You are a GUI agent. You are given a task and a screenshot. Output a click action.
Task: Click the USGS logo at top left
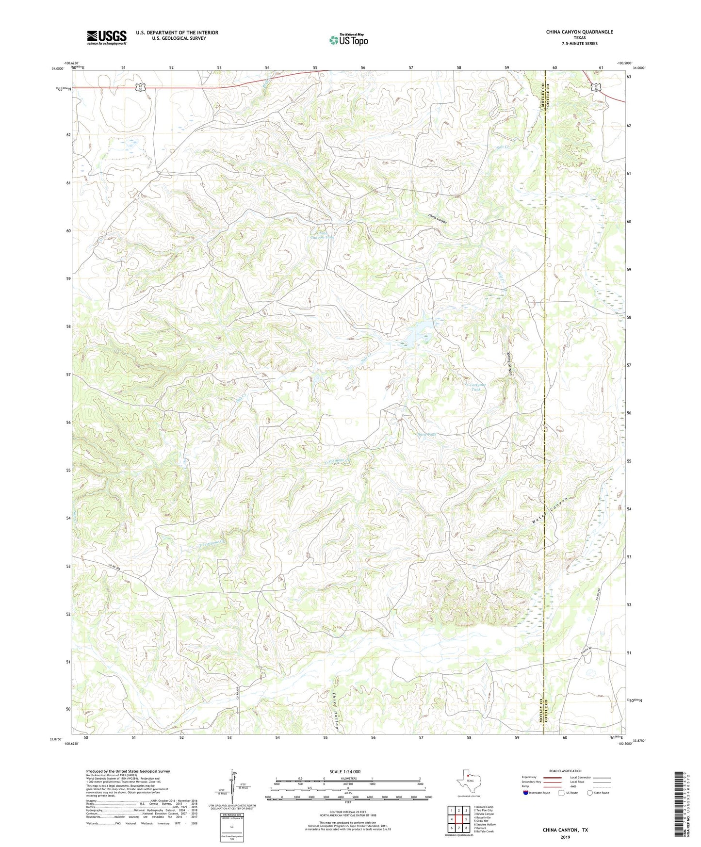tap(106, 37)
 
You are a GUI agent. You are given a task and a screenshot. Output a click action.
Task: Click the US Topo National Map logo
tap(349, 39)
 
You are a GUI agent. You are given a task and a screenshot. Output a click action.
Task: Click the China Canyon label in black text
tap(437, 218)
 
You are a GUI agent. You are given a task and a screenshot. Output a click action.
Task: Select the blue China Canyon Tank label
tap(322, 235)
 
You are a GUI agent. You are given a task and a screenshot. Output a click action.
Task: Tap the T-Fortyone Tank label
tap(476, 387)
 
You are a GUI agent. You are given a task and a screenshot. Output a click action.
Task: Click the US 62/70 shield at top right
tap(595, 87)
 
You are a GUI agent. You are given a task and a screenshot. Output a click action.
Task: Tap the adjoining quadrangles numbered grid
tap(458, 820)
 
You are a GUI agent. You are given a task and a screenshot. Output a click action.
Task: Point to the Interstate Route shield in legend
tap(526, 793)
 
